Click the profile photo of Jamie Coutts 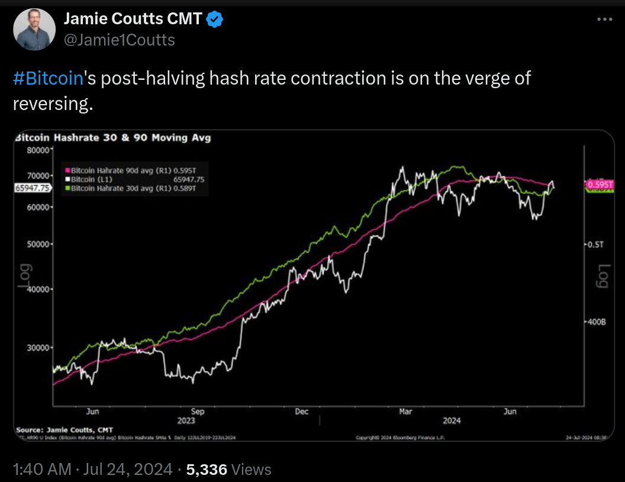point(34,30)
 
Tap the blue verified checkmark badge point(215,21)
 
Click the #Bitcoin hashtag point(46,78)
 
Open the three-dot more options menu point(603,20)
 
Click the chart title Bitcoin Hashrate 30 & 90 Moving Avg point(112,138)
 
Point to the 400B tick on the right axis point(594,322)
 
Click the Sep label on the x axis point(197,411)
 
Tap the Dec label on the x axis point(302,411)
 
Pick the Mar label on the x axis point(405,411)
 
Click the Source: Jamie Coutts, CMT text point(64,429)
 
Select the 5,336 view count point(207,470)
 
